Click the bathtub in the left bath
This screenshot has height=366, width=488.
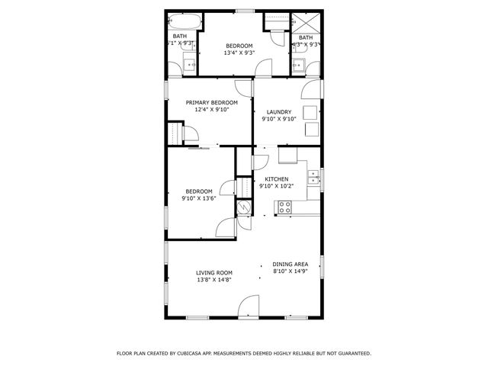(184, 21)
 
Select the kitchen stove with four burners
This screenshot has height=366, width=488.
(284, 206)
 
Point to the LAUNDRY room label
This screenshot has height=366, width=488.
(279, 111)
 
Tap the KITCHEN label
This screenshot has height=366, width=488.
(276, 178)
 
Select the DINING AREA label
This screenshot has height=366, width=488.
(290, 265)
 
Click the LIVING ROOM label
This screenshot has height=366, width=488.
(214, 272)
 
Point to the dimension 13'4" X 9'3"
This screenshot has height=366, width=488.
(239, 53)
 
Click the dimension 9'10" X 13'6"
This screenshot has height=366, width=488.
(199, 198)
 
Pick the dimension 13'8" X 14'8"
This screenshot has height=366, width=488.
(214, 280)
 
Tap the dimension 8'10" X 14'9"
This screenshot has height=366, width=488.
(290, 271)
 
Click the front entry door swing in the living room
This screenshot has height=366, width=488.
(248, 308)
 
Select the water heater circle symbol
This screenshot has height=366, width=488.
(244, 207)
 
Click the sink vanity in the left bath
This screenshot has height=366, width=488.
(189, 64)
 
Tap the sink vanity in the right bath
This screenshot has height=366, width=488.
(298, 64)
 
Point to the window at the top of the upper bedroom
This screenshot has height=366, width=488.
(244, 11)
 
